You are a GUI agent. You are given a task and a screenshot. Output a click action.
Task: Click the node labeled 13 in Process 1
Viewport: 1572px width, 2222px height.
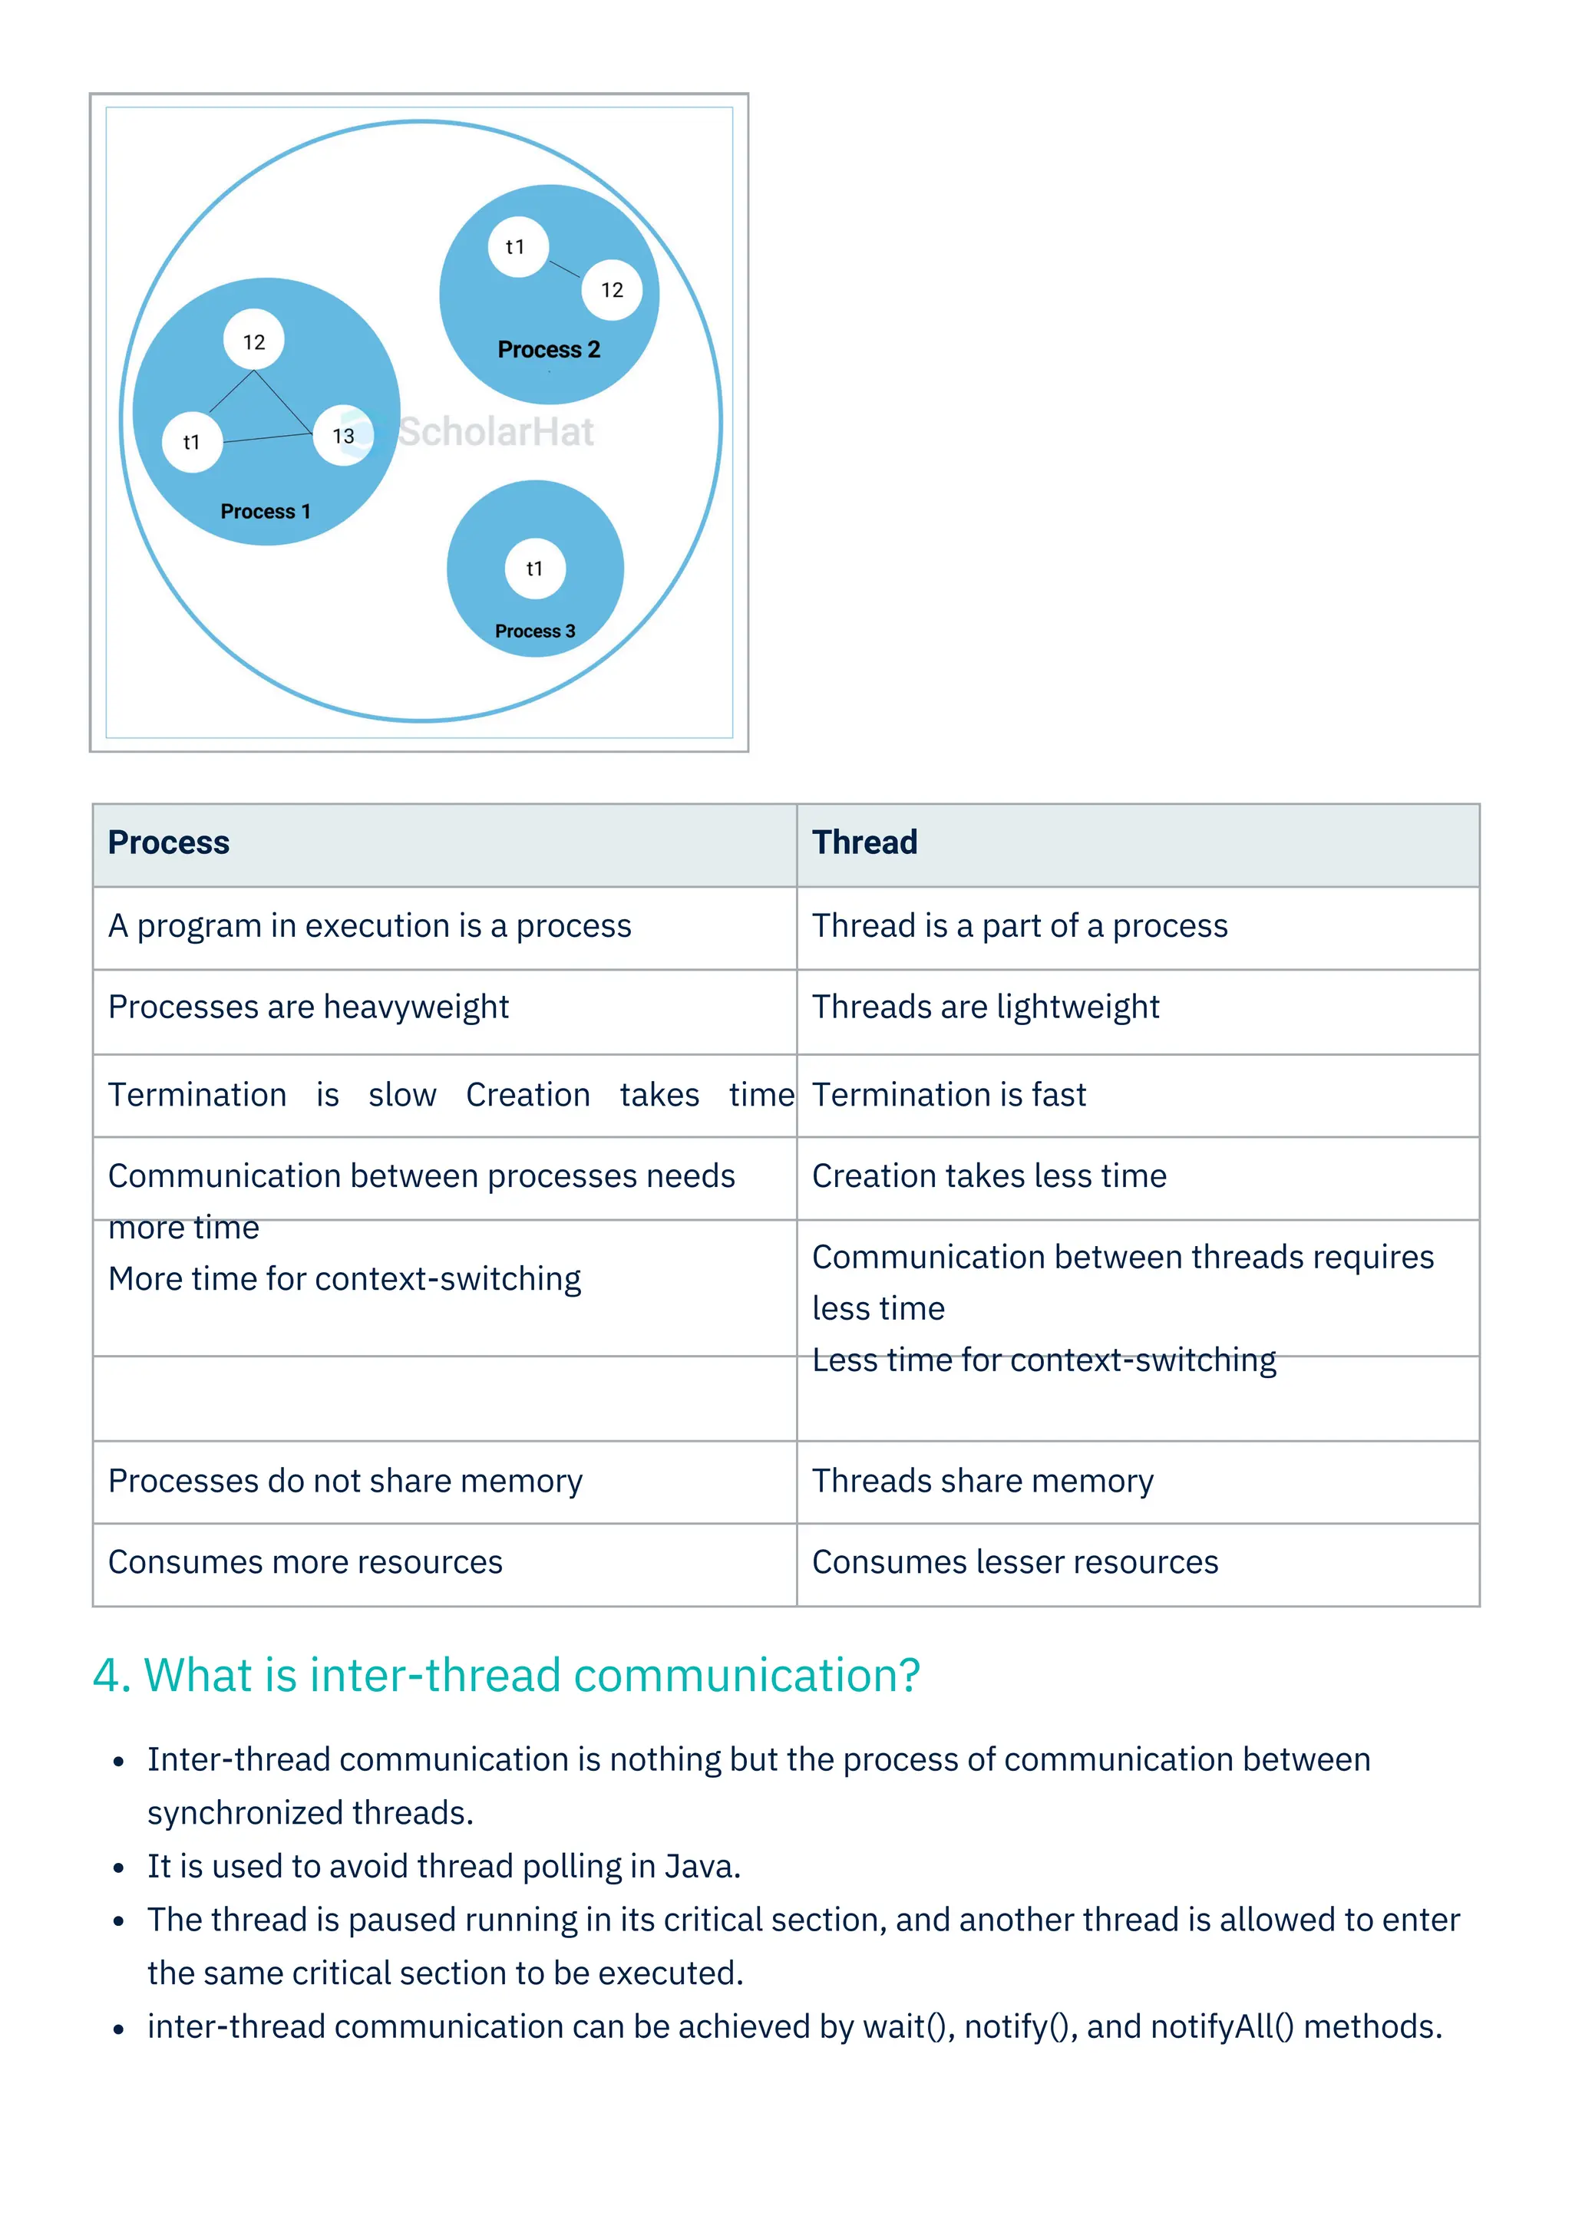coord(344,436)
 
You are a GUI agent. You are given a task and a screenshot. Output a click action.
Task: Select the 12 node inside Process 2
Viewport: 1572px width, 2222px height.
coord(612,289)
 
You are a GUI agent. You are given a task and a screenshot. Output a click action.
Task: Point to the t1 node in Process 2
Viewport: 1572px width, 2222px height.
coord(517,247)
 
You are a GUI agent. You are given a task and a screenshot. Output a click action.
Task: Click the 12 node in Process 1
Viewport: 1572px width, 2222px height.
coord(253,341)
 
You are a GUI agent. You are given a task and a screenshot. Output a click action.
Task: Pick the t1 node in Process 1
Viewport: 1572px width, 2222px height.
coord(193,442)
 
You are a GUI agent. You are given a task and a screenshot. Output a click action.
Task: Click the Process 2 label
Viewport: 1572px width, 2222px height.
coord(549,349)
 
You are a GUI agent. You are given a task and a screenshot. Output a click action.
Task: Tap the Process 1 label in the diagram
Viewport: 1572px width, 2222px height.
coord(266,511)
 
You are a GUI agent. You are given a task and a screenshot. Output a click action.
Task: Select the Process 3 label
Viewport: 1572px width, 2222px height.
coord(534,631)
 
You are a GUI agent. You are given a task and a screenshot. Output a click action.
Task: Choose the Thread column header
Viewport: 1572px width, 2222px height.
coord(864,843)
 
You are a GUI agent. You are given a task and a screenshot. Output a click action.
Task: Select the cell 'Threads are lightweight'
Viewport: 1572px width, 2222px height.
coord(986,1007)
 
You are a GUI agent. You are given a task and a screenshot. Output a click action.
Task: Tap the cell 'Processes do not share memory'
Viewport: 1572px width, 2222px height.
coord(345,1481)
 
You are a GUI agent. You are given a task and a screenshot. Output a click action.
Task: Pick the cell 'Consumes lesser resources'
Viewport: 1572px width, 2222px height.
coord(1015,1562)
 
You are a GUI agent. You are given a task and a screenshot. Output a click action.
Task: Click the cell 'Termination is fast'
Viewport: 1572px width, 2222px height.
coord(949,1095)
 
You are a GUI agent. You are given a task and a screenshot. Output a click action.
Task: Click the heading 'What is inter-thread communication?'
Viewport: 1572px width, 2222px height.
coord(507,1675)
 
